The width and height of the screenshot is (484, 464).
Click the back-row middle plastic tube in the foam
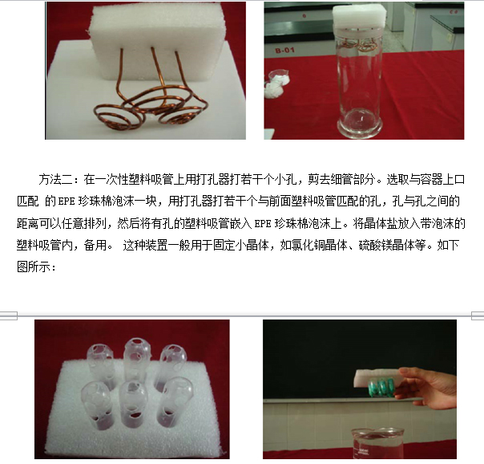coord(133,354)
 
